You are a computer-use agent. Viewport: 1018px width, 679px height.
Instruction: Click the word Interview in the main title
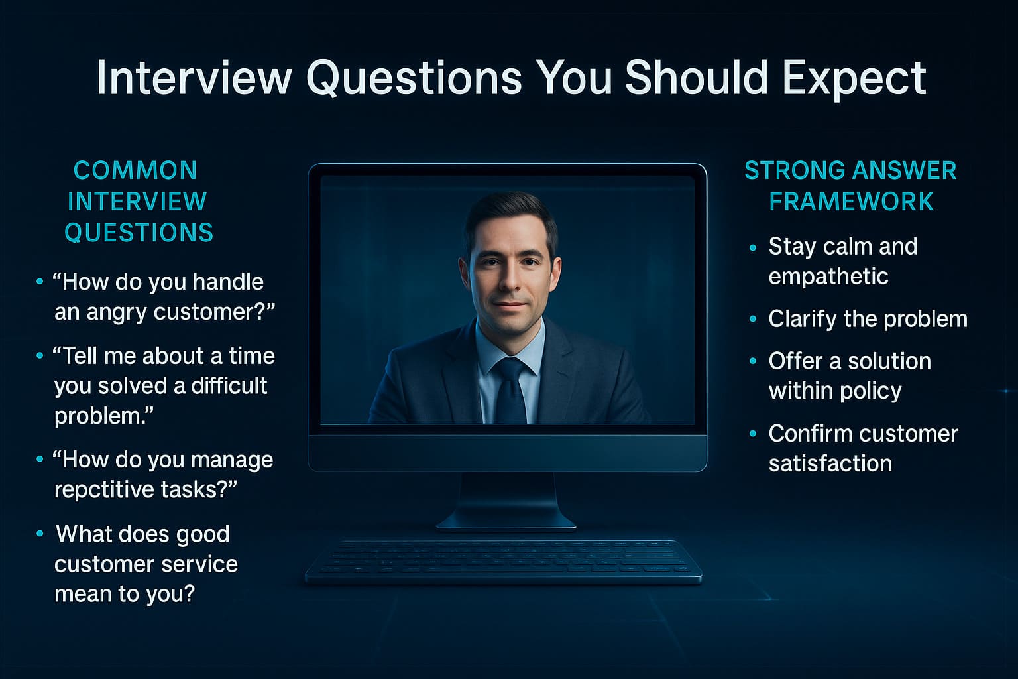click(x=194, y=78)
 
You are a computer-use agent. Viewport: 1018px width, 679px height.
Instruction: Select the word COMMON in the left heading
click(x=135, y=170)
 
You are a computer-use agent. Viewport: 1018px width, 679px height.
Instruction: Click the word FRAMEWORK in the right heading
click(x=851, y=202)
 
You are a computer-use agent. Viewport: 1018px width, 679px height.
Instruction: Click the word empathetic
click(x=828, y=277)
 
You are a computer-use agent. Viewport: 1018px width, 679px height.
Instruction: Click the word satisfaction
click(x=830, y=463)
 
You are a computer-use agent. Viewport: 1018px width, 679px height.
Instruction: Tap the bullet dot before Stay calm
click(x=752, y=248)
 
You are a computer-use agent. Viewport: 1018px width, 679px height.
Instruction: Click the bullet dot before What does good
click(x=40, y=534)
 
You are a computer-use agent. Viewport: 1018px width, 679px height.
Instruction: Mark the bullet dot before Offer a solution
click(x=752, y=362)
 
